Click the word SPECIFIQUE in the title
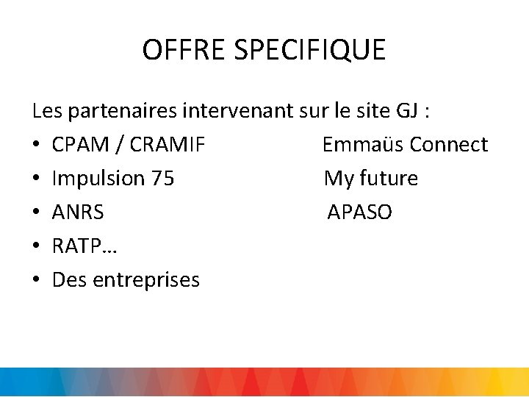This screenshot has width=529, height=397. (x=309, y=50)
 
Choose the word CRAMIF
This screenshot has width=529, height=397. (x=168, y=145)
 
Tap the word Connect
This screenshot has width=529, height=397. (x=449, y=145)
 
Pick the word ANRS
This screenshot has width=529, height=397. (x=78, y=212)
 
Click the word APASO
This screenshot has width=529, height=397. (x=359, y=212)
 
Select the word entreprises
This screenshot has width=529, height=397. (x=147, y=281)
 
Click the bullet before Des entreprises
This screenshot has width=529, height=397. (x=36, y=280)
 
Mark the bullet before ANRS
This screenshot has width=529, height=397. (x=36, y=212)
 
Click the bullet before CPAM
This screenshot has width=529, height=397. (x=36, y=145)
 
